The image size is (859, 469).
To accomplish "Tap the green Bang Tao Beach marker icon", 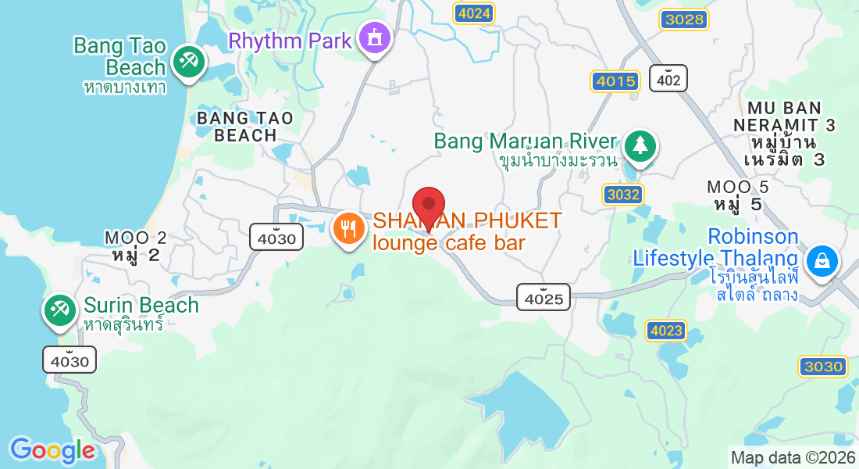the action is coord(187,61).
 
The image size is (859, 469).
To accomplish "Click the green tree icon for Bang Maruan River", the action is coord(640,145).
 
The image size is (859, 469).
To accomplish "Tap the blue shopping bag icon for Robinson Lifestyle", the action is coord(822,261).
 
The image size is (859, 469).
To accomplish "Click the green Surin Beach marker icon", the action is coord(59,310).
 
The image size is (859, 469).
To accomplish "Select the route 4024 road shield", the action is coord(475,13).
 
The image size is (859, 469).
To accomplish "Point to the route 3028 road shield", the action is coord(683,20).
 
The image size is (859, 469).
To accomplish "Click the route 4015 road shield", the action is coord(615,81).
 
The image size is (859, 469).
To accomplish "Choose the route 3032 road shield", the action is coord(622,194).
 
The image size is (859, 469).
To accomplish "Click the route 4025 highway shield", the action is coord(544,297).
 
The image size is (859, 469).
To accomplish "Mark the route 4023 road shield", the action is coord(666,331).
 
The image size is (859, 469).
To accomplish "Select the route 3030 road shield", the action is coord(823,367).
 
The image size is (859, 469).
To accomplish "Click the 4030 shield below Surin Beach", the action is coord(70,360).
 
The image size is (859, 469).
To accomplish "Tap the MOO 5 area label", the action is coord(738,195).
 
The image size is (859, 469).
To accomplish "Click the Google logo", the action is coord(52,450).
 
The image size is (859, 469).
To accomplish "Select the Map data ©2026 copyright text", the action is coord(792,457).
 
